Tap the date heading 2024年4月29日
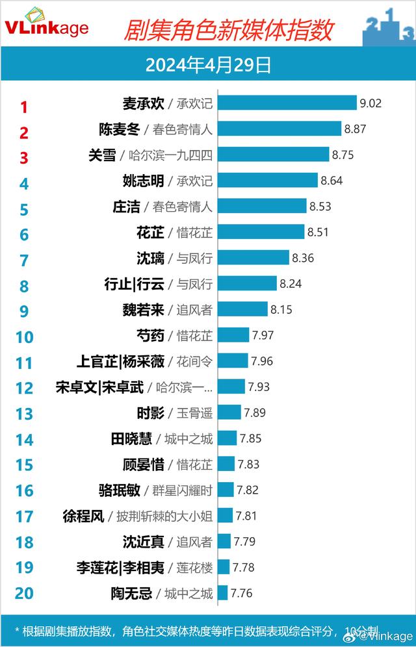coord(208,66)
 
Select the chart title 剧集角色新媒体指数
coord(228,29)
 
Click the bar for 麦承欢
coord(287,103)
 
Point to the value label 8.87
coord(356,129)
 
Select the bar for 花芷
coord(260,232)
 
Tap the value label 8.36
coord(303,258)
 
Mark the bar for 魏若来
coord(242,309)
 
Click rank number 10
coord(24,337)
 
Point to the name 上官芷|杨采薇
coord(120,361)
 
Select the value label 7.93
coord(259,387)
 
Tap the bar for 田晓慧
coord(227,438)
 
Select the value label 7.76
coord(241,592)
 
